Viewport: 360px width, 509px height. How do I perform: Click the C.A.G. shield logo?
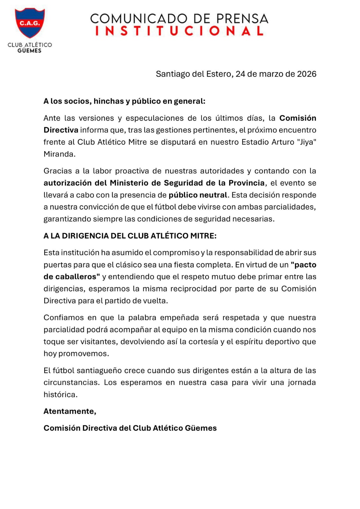(x=30, y=23)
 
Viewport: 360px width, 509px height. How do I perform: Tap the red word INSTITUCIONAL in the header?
(x=180, y=31)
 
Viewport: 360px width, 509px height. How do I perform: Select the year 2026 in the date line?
(x=307, y=74)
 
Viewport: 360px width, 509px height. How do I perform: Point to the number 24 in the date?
(x=240, y=74)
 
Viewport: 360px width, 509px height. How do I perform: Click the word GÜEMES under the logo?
(x=30, y=51)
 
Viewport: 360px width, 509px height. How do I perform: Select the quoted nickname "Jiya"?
(x=307, y=142)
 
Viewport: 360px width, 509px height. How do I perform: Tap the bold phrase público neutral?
(x=198, y=195)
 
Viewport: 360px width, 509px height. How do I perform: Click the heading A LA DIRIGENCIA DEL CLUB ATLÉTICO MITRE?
(x=130, y=236)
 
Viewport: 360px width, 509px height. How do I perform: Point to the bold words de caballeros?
(x=72, y=277)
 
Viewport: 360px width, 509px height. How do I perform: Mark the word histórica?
(x=60, y=394)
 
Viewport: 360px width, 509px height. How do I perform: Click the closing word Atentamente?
(x=69, y=411)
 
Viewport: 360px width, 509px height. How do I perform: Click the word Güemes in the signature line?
(x=201, y=428)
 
